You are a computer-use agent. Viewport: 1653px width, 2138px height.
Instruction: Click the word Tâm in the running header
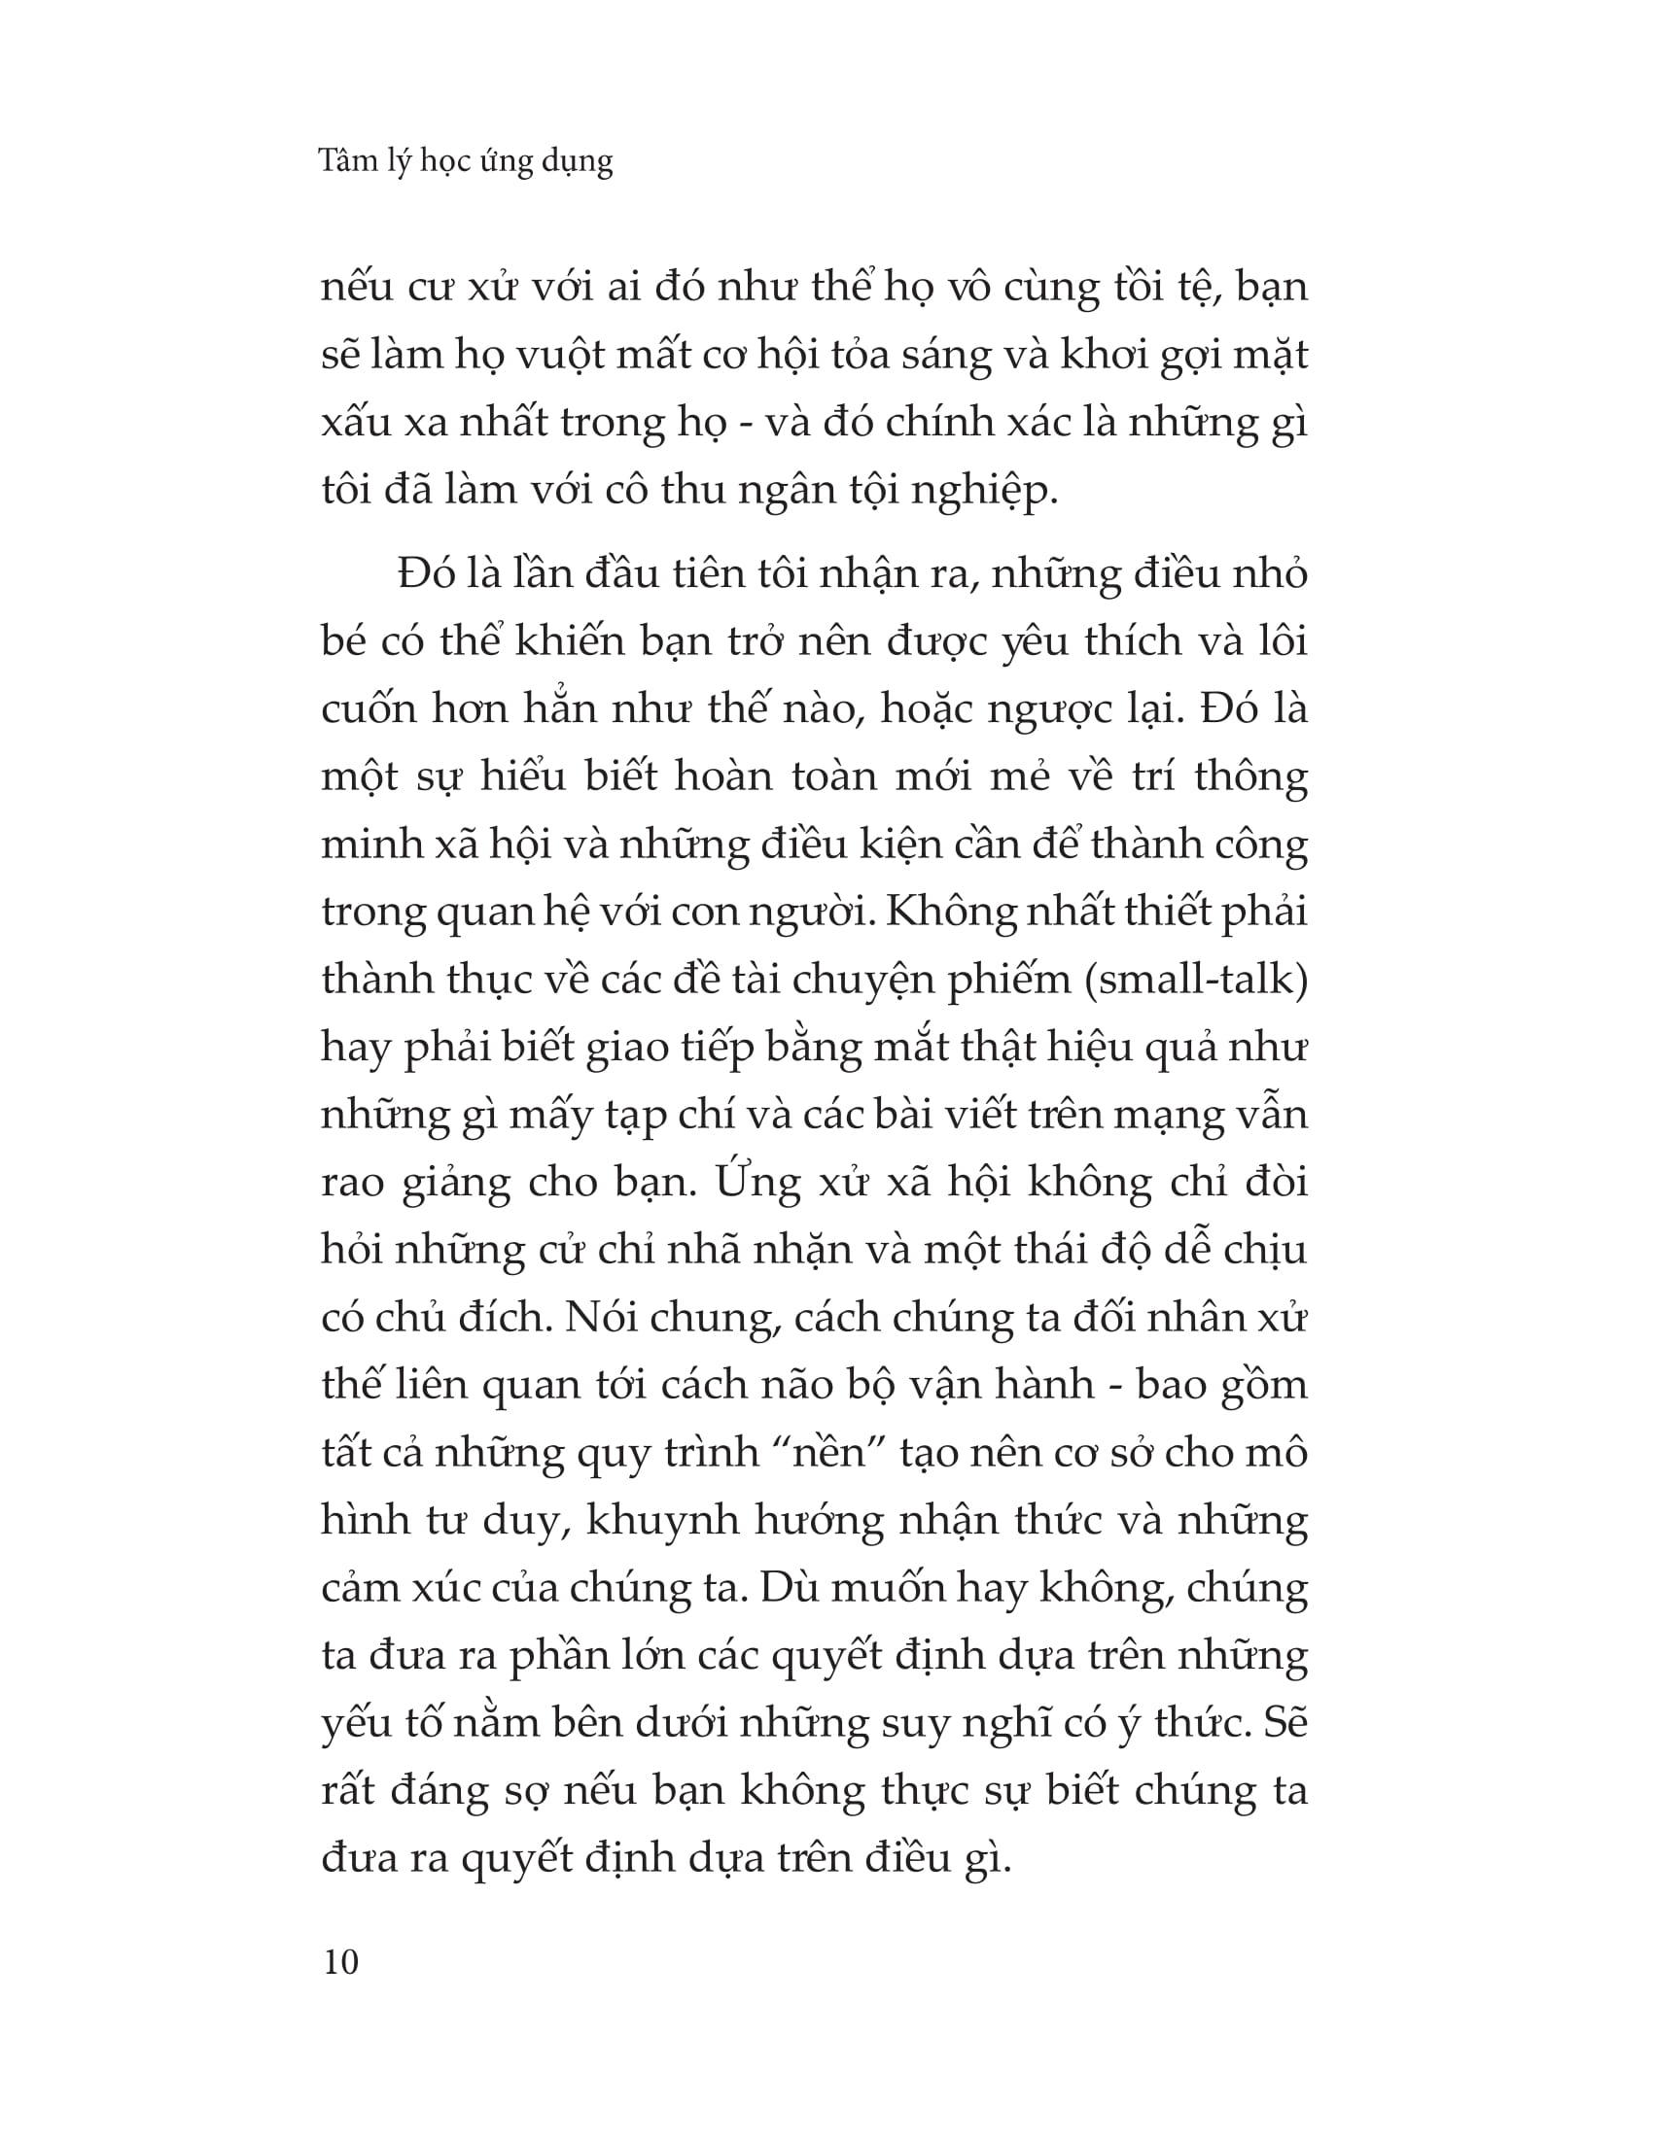(348, 160)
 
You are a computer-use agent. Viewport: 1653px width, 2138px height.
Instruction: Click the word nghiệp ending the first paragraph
(984, 491)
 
